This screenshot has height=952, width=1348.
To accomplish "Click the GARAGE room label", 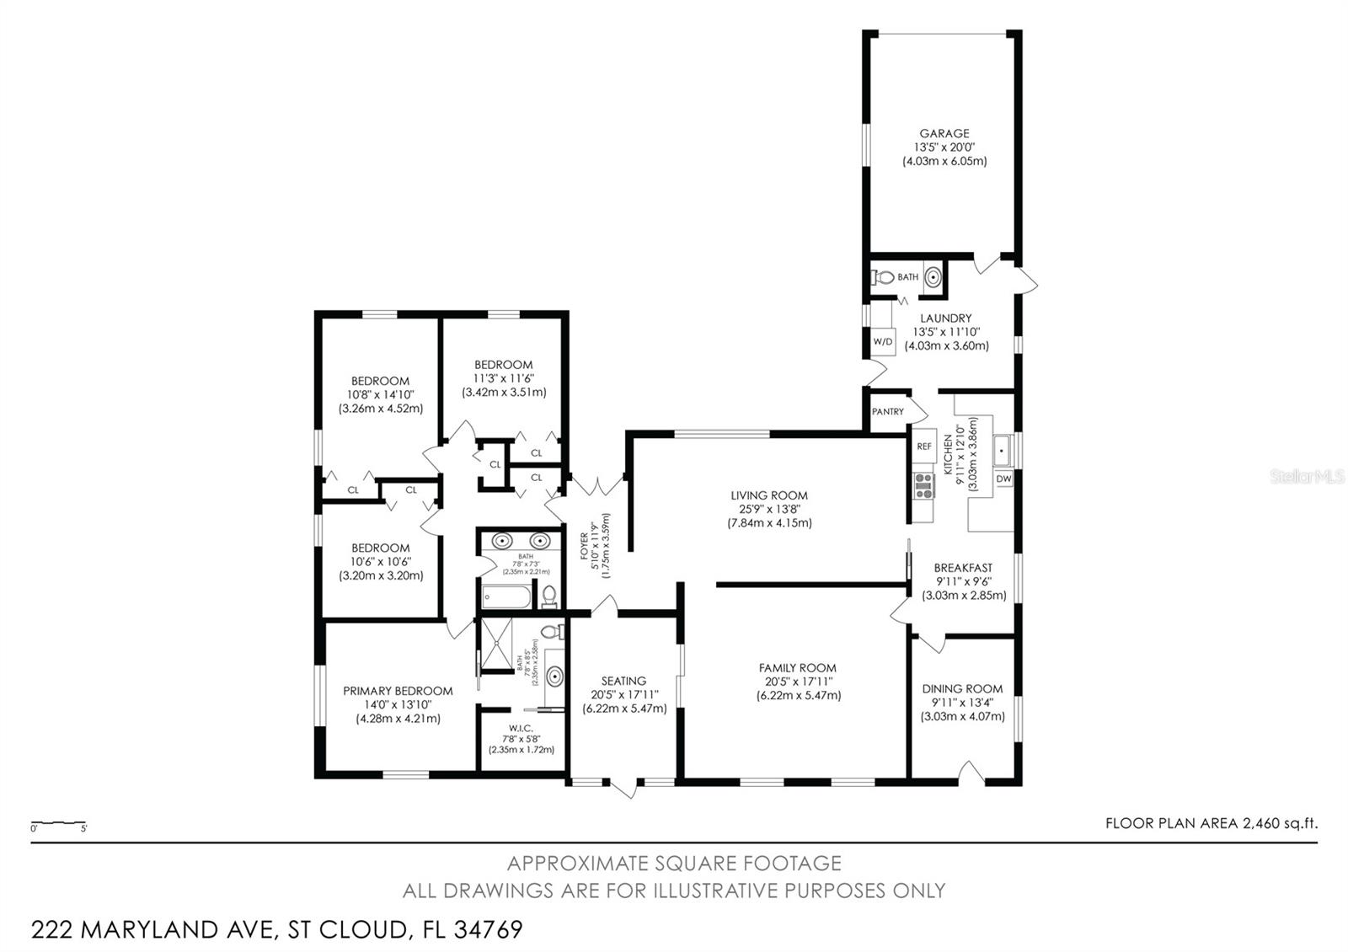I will [x=944, y=133].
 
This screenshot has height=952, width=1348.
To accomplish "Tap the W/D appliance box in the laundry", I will [x=882, y=342].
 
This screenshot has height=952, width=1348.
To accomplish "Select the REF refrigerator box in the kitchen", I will [x=924, y=447].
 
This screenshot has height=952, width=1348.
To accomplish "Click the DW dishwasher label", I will [x=1003, y=479].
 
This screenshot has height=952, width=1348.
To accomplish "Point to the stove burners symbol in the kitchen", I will [x=924, y=486].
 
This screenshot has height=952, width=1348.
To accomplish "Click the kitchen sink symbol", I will [x=1003, y=451].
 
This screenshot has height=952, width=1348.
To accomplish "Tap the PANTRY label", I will [x=887, y=412].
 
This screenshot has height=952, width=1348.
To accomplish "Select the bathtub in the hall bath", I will [x=506, y=598].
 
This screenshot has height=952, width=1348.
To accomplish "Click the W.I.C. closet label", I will [x=521, y=728].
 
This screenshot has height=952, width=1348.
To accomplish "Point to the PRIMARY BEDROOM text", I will [x=398, y=691].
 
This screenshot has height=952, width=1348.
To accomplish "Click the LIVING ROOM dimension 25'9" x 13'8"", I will [x=769, y=509].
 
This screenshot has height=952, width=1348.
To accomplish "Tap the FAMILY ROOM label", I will [x=797, y=668].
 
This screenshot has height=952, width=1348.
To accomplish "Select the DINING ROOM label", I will [x=962, y=688].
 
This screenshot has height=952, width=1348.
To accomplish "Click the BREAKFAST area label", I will [x=963, y=568].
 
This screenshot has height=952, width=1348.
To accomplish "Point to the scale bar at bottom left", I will [x=59, y=823].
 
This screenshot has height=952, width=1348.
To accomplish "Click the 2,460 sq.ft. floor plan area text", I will [x=1280, y=824].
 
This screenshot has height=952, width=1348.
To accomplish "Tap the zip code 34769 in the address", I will [x=488, y=930].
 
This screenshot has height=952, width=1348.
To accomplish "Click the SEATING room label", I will [x=623, y=681].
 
